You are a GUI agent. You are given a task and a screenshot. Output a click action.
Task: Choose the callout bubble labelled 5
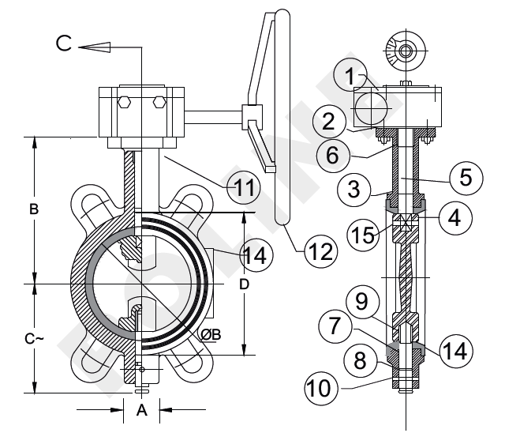tap(466, 177)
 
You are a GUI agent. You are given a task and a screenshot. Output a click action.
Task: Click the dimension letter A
tap(141, 410)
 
